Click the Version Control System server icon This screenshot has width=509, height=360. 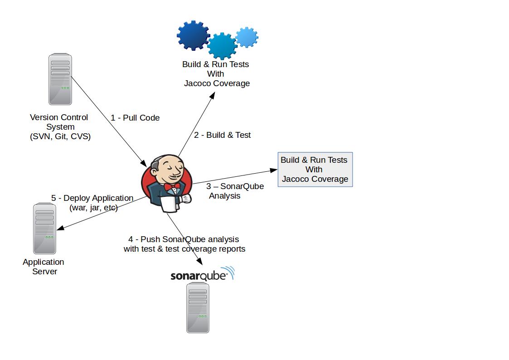pos(60,79)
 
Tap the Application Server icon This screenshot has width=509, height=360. pos(44,229)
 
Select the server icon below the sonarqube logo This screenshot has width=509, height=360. pos(198,307)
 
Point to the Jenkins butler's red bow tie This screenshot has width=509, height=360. pos(172,187)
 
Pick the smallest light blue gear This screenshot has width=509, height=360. pos(247,37)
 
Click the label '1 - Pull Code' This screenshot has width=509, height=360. pos(135,118)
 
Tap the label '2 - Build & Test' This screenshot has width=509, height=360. pos(222,135)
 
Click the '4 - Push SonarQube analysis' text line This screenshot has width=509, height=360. pos(184,239)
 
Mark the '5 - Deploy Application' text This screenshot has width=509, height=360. pos(92,198)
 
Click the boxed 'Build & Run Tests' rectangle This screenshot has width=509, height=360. pos(315,170)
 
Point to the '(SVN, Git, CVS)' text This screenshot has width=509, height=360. pos(60,136)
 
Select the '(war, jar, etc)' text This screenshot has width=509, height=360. pos(93,208)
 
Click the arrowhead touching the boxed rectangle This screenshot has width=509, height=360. pos(274,170)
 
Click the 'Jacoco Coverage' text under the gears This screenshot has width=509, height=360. pos(217,83)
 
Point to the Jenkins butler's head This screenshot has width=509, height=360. pos(166,167)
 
